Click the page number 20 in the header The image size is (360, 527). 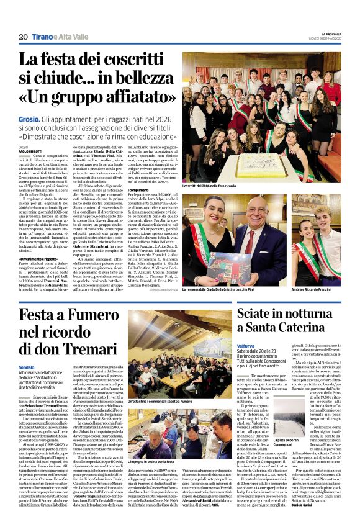coord(23,37)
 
